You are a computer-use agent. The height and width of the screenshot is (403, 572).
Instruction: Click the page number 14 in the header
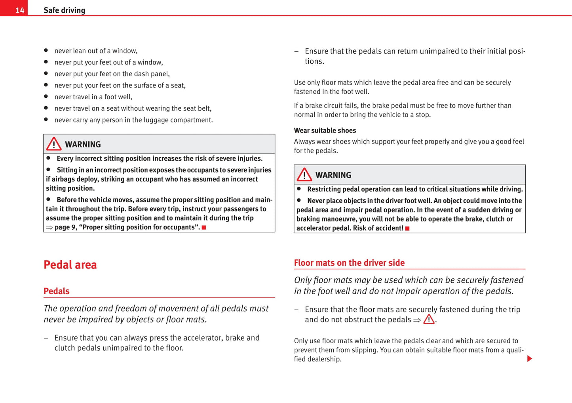point(20,10)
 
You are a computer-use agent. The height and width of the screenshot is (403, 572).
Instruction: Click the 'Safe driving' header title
point(64,10)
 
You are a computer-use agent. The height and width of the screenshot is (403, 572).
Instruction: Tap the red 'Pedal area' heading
point(70,265)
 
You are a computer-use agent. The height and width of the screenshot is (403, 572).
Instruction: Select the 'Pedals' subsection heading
point(57,291)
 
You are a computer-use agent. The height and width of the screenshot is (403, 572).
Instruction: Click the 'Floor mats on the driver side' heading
point(349,263)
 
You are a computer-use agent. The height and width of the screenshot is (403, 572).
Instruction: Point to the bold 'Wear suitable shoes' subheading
point(325,131)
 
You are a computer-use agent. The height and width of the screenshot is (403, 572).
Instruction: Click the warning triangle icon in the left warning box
point(54,144)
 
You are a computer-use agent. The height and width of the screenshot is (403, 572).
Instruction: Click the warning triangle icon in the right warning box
point(304,174)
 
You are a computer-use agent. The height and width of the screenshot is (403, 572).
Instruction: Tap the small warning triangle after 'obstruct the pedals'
point(429,319)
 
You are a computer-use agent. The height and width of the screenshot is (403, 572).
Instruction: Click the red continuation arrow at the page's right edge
point(530,359)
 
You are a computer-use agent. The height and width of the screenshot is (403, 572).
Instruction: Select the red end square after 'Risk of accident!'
point(407,228)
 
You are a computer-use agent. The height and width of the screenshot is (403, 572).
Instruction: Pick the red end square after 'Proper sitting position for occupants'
point(204,227)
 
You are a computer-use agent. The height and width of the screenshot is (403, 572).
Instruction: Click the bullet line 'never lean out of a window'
point(96,51)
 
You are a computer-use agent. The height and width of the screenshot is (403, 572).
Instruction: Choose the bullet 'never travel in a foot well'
point(93,97)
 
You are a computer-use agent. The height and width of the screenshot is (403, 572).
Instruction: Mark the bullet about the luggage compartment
point(133,120)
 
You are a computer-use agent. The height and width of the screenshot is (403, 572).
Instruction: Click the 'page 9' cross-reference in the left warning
point(65,227)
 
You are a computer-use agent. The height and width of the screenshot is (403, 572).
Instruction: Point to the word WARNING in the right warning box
point(333,175)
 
